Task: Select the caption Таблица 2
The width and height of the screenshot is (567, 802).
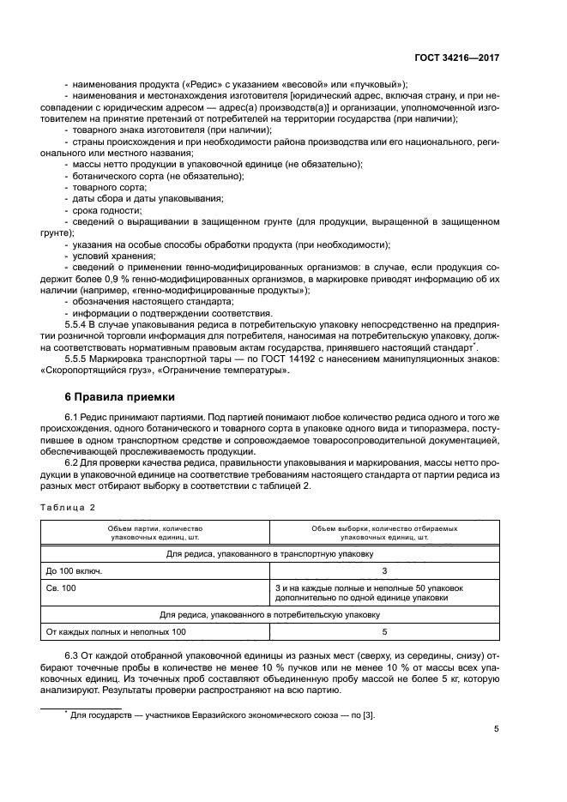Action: pyautogui.click(x=68, y=507)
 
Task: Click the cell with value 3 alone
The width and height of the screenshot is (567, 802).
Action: pyautogui.click(x=384, y=570)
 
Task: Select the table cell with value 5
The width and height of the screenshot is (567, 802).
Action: pyautogui.click(x=384, y=632)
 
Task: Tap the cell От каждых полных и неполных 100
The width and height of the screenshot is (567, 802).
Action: pyautogui.click(x=116, y=632)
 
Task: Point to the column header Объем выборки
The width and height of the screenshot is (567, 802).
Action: pyautogui.click(x=384, y=533)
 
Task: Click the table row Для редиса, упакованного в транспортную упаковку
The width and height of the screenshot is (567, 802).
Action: pyautogui.click(x=270, y=553)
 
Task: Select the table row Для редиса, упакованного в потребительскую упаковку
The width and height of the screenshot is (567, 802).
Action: pyautogui.click(x=270, y=614)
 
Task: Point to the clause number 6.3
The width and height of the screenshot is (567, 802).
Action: pyautogui.click(x=73, y=657)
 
